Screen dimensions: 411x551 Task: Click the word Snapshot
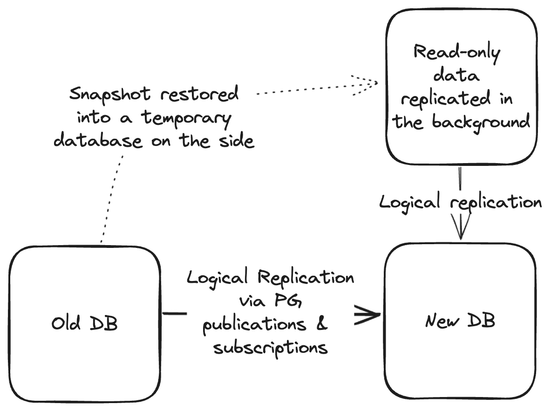coord(110,95)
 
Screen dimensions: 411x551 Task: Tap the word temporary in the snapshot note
coord(186,118)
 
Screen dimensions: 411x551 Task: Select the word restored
coord(200,95)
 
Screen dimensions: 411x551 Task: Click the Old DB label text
coord(84,323)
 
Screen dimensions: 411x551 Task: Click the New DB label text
coord(460,321)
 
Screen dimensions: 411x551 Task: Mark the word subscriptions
coord(270,348)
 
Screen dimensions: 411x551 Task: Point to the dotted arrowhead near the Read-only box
coord(368,84)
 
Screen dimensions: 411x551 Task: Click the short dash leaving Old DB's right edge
coord(175,314)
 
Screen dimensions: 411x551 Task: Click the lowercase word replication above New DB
coord(496,203)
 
